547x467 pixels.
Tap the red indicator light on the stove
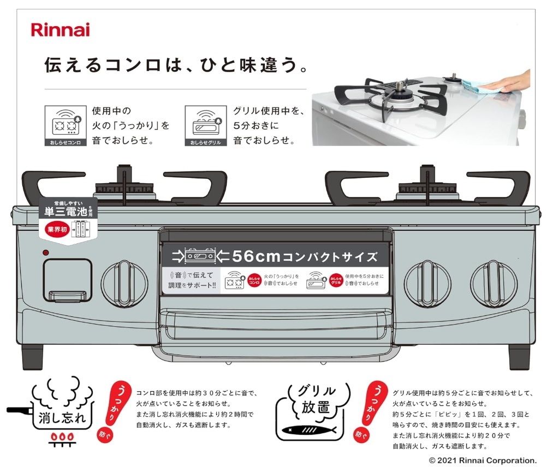point(46,253)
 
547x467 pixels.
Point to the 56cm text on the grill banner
point(256,256)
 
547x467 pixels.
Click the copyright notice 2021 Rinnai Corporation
point(483,460)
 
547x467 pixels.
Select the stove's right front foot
point(519,357)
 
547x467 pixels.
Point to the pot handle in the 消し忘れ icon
point(20,409)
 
